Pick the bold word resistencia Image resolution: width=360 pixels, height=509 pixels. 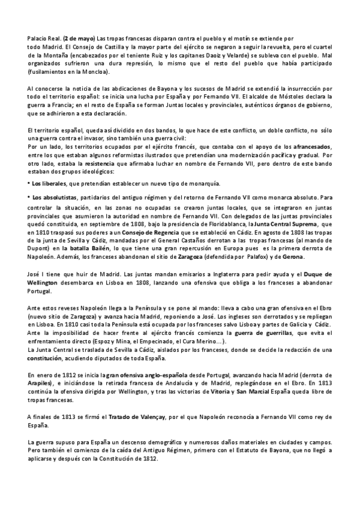[83, 163]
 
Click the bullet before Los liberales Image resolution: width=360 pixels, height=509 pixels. [29, 182]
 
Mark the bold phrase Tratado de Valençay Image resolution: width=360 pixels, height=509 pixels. [132, 417]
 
